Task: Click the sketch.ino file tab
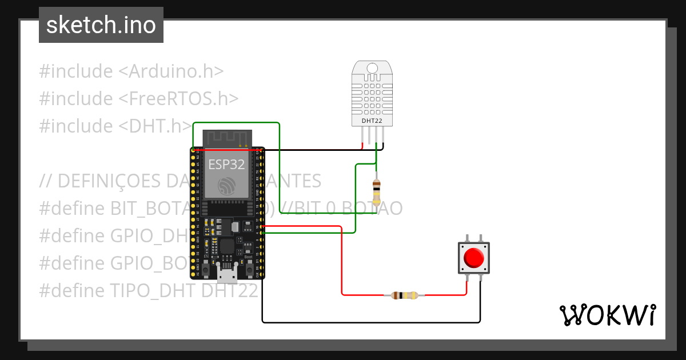[101, 25]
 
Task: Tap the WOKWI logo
[607, 315]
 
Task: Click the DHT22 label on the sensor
[372, 121]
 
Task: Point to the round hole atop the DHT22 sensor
[372, 68]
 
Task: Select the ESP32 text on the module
[226, 165]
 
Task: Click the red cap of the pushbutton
[473, 258]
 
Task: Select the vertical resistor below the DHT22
[376, 191]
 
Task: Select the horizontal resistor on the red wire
[405, 295]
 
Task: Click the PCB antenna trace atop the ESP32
[227, 138]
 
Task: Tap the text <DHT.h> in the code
[154, 126]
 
